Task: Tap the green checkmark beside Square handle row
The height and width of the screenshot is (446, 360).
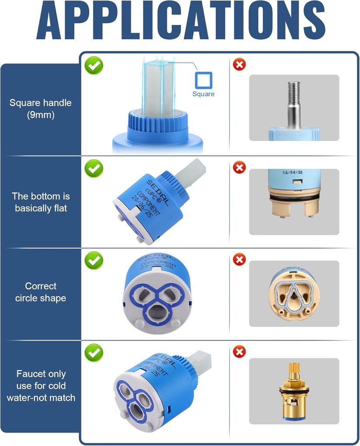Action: point(94,65)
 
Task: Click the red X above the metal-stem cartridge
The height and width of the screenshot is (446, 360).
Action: point(239,65)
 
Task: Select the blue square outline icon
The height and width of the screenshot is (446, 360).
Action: point(203,81)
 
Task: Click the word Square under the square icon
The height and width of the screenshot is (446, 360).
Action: point(203,94)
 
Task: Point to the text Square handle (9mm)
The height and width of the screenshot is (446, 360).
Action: point(41,109)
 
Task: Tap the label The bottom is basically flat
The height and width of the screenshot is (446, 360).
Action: point(41,202)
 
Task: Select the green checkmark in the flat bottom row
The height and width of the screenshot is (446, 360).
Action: point(94,168)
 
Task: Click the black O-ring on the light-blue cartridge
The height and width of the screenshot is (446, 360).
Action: point(294,199)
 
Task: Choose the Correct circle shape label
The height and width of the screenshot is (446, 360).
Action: point(41,292)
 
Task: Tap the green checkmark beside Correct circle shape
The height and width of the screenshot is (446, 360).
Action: point(94,260)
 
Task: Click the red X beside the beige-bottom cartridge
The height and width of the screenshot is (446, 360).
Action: point(239,260)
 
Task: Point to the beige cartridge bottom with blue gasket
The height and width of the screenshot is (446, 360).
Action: point(294,294)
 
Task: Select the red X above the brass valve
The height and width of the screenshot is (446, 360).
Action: point(239,351)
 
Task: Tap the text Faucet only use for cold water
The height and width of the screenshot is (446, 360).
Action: point(41,385)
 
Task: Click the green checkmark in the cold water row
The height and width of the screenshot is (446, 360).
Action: point(94,352)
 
